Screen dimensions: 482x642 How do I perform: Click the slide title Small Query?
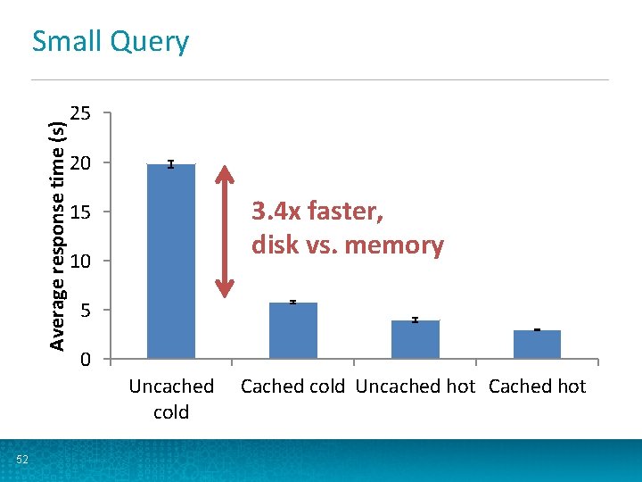point(111,42)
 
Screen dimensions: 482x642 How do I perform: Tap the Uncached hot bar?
point(415,339)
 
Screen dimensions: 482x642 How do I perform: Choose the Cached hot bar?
point(537,345)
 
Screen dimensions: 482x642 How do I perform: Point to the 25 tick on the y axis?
point(80,113)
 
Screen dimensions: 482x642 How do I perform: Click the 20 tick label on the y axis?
point(80,162)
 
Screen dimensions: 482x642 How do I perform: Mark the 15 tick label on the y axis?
point(80,212)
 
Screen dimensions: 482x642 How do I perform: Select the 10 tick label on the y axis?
point(80,261)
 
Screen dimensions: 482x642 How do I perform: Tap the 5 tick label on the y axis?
point(84,310)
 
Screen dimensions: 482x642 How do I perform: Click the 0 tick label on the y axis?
point(84,360)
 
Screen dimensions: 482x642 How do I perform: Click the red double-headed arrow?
point(225,230)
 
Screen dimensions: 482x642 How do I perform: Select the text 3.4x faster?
point(317,212)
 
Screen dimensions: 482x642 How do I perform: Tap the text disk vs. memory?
point(347,245)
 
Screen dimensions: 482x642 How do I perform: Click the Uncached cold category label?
point(171,399)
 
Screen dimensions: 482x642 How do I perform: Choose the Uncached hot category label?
point(415,386)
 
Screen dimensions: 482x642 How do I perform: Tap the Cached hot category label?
point(537,386)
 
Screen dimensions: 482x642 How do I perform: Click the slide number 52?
point(22,460)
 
